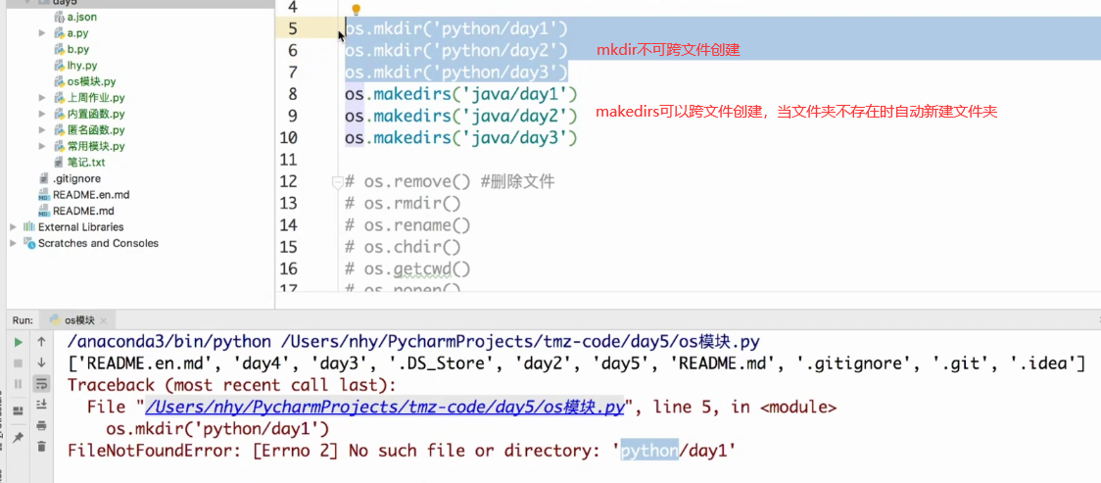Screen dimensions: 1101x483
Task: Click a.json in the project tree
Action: point(81,17)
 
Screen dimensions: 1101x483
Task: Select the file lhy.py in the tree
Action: point(81,65)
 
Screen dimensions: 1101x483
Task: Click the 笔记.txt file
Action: point(85,162)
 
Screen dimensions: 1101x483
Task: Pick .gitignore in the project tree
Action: point(75,178)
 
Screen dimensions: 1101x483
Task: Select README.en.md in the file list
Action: point(90,194)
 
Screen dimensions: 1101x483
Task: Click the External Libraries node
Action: point(80,226)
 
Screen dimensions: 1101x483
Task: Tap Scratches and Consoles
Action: point(97,243)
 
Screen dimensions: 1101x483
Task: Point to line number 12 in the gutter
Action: point(288,181)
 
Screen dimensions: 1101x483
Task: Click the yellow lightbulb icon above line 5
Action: point(357,10)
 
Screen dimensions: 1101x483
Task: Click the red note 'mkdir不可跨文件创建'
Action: point(668,49)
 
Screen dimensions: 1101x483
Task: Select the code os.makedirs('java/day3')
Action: point(460,138)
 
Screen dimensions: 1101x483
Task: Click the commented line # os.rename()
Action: point(403,225)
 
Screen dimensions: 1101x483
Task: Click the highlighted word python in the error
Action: point(649,451)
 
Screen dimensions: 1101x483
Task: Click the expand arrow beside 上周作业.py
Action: point(42,98)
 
